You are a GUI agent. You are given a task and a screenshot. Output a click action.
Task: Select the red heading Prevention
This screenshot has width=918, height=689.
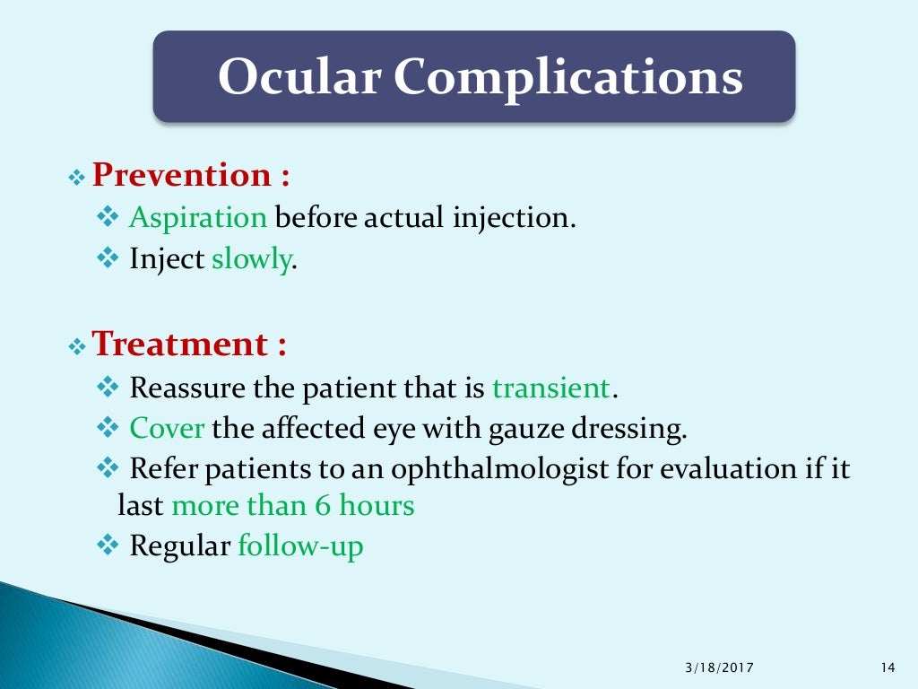(182, 174)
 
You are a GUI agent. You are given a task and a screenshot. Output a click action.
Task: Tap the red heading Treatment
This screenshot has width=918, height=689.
(180, 344)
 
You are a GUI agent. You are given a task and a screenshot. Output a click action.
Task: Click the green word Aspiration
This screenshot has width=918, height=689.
(198, 218)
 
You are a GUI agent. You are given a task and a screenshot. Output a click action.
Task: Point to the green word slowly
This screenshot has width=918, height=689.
(251, 260)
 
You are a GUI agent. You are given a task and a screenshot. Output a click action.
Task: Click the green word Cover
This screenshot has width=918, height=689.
(168, 428)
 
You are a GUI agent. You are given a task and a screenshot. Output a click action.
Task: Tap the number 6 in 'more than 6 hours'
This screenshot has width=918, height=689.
(323, 506)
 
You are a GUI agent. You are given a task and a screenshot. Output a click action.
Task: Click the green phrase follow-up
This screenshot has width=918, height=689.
(300, 545)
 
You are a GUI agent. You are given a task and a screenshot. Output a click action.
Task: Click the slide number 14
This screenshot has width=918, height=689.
(888, 667)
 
